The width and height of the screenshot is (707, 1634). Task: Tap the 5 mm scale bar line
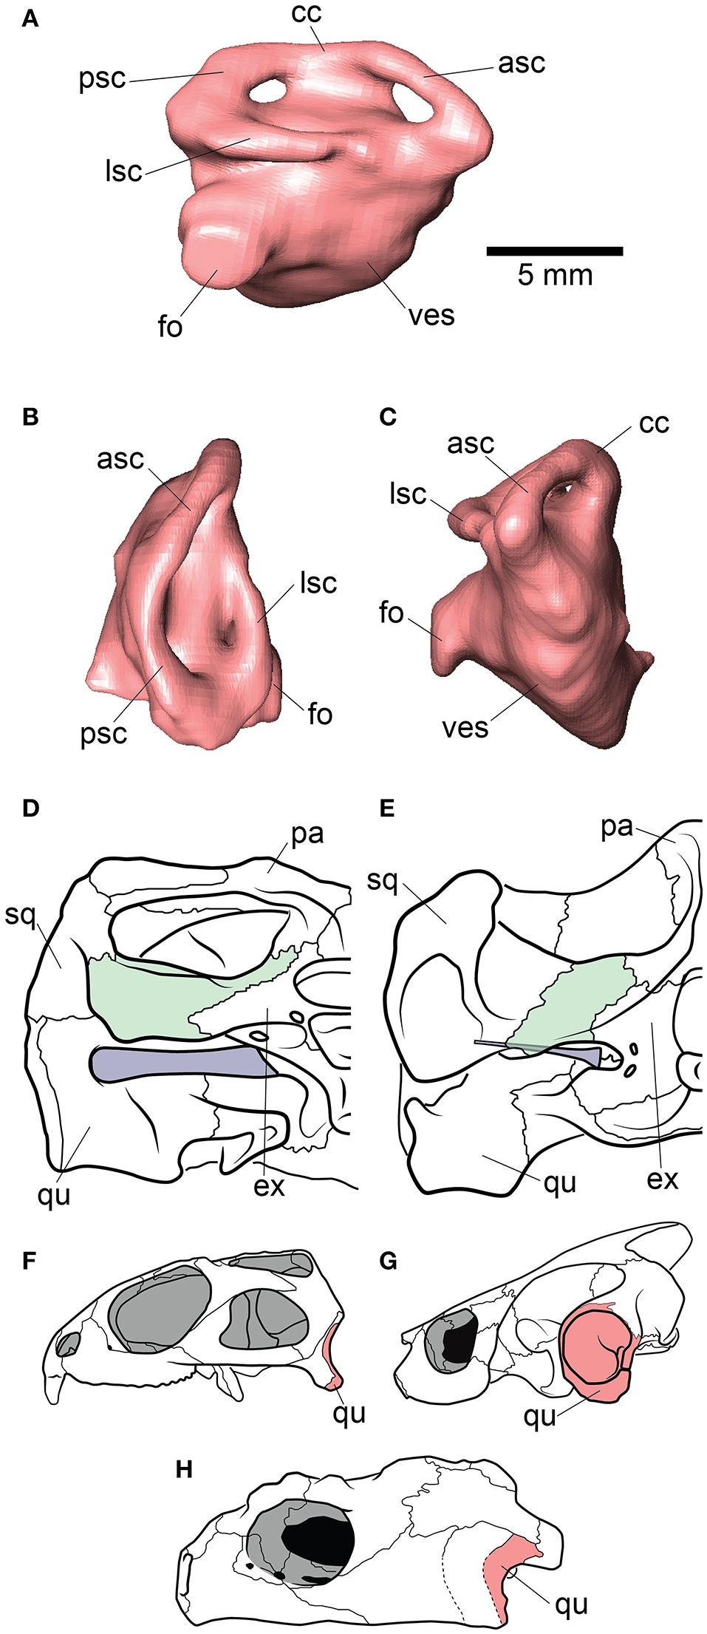pos(554,251)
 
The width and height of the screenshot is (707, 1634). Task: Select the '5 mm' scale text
pos(555,276)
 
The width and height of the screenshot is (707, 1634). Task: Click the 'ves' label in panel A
pos(431,316)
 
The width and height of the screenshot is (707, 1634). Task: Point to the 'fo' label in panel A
pos(170,326)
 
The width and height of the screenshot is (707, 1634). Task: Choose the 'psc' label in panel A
pos(102,79)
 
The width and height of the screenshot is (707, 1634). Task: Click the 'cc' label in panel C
pos(654,423)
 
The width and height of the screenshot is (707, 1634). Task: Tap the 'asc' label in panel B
pos(120,459)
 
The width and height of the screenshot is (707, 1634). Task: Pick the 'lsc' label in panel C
pos(408,494)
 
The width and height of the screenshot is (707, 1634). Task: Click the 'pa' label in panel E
pos(617,827)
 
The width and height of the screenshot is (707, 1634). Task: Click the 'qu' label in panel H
pos(571,1604)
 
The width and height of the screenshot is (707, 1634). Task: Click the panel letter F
pos(30,1261)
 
